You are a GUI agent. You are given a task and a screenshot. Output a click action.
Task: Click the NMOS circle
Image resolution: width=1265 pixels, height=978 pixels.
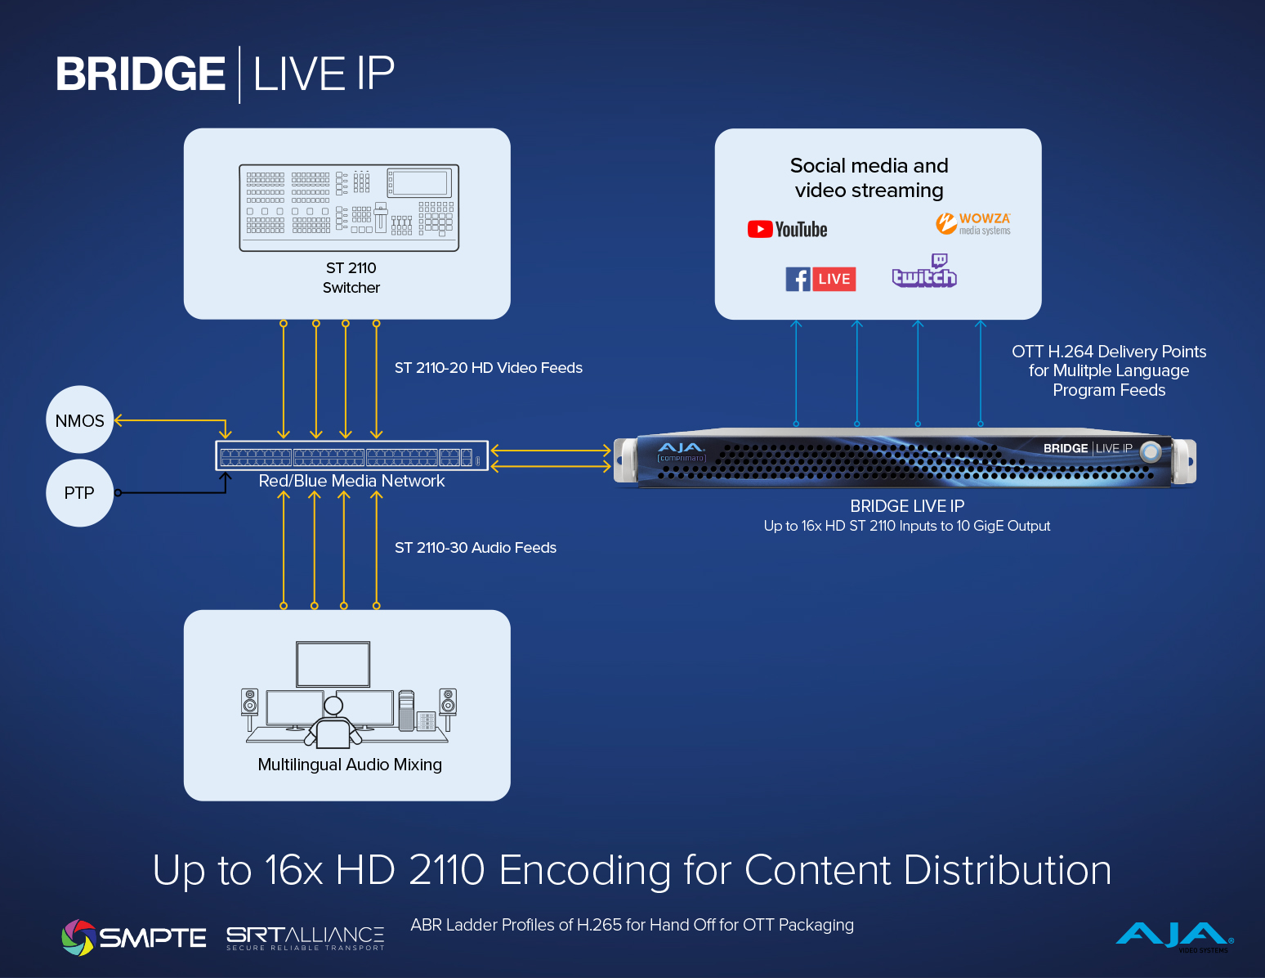79,420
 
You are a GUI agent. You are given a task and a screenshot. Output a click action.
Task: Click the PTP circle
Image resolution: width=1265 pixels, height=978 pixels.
79,492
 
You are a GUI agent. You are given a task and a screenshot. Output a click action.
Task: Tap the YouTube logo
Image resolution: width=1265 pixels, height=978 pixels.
787,230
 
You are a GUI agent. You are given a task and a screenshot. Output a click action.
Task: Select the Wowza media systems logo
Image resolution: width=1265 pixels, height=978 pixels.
972,223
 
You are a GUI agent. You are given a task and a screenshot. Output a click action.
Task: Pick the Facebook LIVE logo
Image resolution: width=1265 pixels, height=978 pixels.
820,279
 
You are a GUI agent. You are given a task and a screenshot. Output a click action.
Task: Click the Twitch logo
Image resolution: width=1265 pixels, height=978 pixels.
924,271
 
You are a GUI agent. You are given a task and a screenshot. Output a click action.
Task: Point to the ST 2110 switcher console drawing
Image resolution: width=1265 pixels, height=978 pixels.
349,208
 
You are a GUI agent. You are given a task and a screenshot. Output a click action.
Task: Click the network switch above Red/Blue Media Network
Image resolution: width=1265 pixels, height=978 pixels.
351,455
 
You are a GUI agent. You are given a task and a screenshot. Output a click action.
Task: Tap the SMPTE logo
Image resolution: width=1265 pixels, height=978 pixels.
133,937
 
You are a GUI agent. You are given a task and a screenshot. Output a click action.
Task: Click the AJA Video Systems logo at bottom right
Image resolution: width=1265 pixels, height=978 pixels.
1174,936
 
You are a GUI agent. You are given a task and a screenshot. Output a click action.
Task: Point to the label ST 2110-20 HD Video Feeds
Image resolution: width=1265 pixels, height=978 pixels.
488,368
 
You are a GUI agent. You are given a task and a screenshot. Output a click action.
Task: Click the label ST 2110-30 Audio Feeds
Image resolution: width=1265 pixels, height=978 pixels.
475,548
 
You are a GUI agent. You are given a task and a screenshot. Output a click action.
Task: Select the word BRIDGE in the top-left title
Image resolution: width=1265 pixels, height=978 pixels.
140,74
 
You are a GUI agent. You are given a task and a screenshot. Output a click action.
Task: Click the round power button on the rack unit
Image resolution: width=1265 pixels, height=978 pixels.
1151,451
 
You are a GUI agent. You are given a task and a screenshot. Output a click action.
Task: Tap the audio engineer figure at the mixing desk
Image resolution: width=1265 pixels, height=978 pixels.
333,723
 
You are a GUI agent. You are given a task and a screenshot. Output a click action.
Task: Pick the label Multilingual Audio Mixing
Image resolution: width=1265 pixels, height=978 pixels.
350,765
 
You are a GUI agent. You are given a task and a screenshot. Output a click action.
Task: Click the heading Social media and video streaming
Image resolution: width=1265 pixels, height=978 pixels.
869,177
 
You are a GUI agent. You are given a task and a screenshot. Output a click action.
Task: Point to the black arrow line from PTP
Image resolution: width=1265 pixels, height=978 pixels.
172,492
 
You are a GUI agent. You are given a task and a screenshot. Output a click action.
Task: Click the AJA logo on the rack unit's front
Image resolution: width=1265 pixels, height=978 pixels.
681,448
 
